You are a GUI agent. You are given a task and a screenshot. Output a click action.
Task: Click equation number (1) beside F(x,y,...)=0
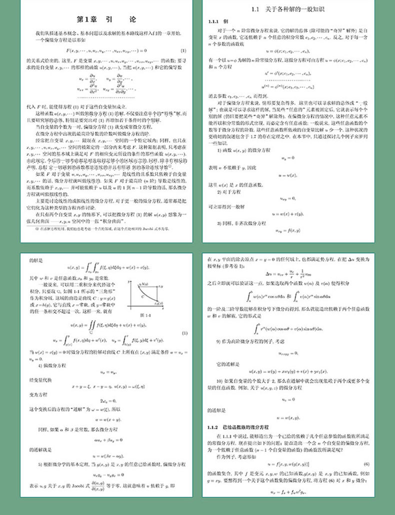tap(183, 50)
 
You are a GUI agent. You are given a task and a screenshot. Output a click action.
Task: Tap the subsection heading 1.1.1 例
tap(218, 22)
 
